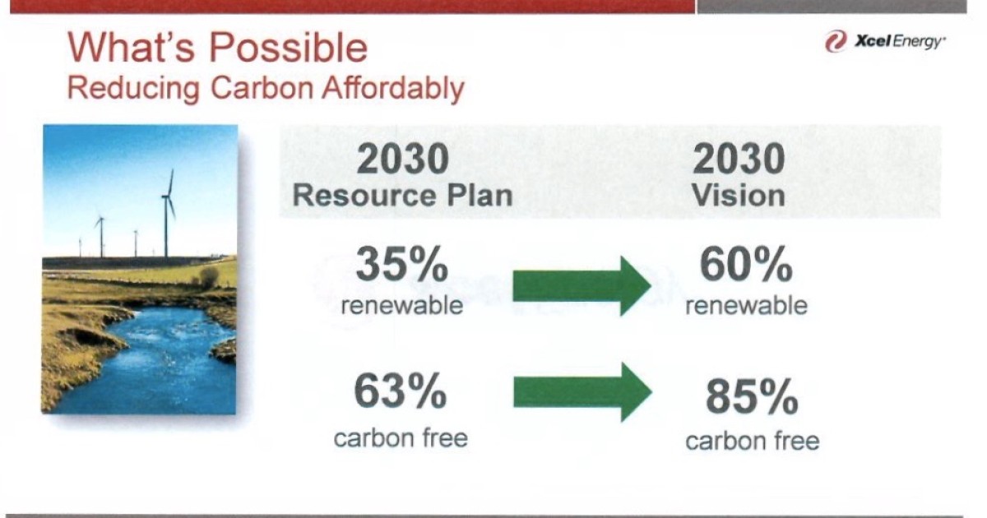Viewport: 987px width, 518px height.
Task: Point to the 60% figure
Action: click(x=745, y=265)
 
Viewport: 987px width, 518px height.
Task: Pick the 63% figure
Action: click(x=401, y=391)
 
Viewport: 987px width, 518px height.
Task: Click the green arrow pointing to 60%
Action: click(x=581, y=286)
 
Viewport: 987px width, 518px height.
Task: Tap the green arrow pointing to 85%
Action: click(x=581, y=392)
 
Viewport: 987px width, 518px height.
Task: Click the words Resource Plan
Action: click(x=402, y=196)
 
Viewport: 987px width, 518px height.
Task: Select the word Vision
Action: click(x=738, y=196)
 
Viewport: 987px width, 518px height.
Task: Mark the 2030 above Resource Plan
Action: click(x=403, y=160)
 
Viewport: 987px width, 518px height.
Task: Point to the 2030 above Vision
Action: click(x=739, y=160)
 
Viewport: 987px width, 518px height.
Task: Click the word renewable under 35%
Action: click(x=401, y=306)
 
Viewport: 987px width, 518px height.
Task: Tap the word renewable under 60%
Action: click(x=746, y=306)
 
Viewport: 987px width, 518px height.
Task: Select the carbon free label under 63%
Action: click(x=401, y=437)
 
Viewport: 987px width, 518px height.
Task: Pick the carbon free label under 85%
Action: click(x=752, y=442)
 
